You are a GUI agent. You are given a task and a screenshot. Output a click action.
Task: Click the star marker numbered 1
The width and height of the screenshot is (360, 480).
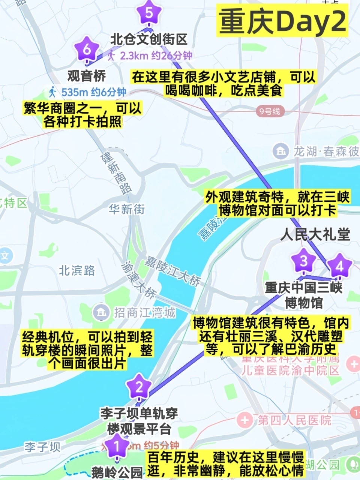117,446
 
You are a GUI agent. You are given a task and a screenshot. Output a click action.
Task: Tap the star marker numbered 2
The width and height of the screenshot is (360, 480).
139,387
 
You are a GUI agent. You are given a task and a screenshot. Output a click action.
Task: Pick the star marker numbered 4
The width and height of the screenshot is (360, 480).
340,266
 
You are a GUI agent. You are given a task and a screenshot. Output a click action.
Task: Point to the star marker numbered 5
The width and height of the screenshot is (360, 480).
149,13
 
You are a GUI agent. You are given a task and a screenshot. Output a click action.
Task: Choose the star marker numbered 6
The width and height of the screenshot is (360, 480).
87,49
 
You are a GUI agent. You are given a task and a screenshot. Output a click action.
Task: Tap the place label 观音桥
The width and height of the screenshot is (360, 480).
87,76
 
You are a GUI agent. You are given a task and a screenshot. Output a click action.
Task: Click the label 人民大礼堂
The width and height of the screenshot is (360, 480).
315,235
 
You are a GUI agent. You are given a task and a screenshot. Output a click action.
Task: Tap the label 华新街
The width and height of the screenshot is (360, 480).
127,209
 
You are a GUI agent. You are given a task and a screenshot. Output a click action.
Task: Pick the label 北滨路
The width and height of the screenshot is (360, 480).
77,270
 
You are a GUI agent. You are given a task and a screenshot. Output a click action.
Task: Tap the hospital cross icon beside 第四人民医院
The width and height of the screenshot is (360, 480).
245,420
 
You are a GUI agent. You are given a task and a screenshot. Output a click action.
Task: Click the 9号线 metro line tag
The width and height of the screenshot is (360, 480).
270,111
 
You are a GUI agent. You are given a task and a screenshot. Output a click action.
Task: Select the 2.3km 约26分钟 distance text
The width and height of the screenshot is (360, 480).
156,56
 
